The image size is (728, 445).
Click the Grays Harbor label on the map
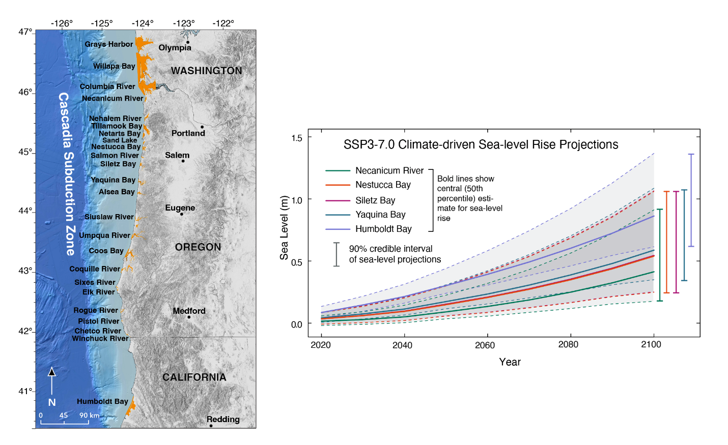point(108,44)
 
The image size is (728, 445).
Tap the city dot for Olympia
point(187,42)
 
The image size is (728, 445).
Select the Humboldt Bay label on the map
point(102,401)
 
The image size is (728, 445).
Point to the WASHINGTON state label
point(206,71)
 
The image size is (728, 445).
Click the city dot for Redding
point(211,426)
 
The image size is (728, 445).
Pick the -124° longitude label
point(143,23)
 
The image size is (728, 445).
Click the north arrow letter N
point(52,402)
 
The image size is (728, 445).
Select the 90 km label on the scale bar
point(89,416)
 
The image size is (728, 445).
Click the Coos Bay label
point(106,251)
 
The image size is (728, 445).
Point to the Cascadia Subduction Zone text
point(67,173)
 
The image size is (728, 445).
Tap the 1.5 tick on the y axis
point(296,138)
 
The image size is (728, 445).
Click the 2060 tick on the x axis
point(485,345)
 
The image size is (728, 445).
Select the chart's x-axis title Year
point(510,362)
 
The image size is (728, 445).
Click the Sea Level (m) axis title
point(284,227)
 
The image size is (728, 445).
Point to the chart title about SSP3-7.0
point(481,144)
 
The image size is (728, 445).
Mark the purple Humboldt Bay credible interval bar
point(691,200)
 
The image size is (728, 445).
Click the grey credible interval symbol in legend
point(337,254)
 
